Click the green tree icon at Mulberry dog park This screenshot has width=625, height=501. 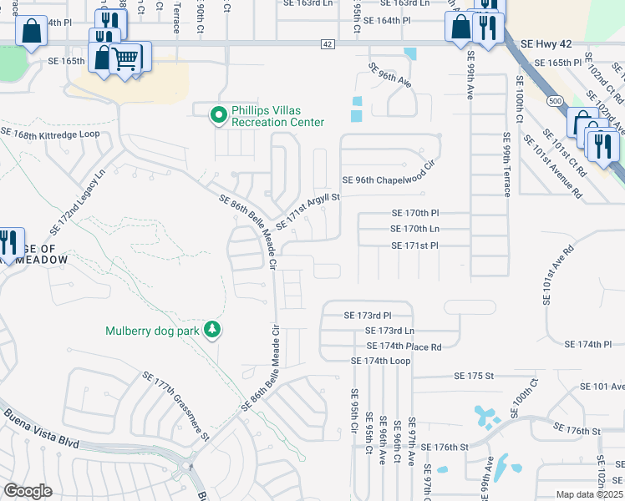click(x=213, y=330)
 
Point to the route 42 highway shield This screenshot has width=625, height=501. click(x=327, y=44)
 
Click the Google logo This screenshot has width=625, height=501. click(x=28, y=491)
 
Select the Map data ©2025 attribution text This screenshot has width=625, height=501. click(x=588, y=494)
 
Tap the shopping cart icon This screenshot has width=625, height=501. click(x=126, y=58)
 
